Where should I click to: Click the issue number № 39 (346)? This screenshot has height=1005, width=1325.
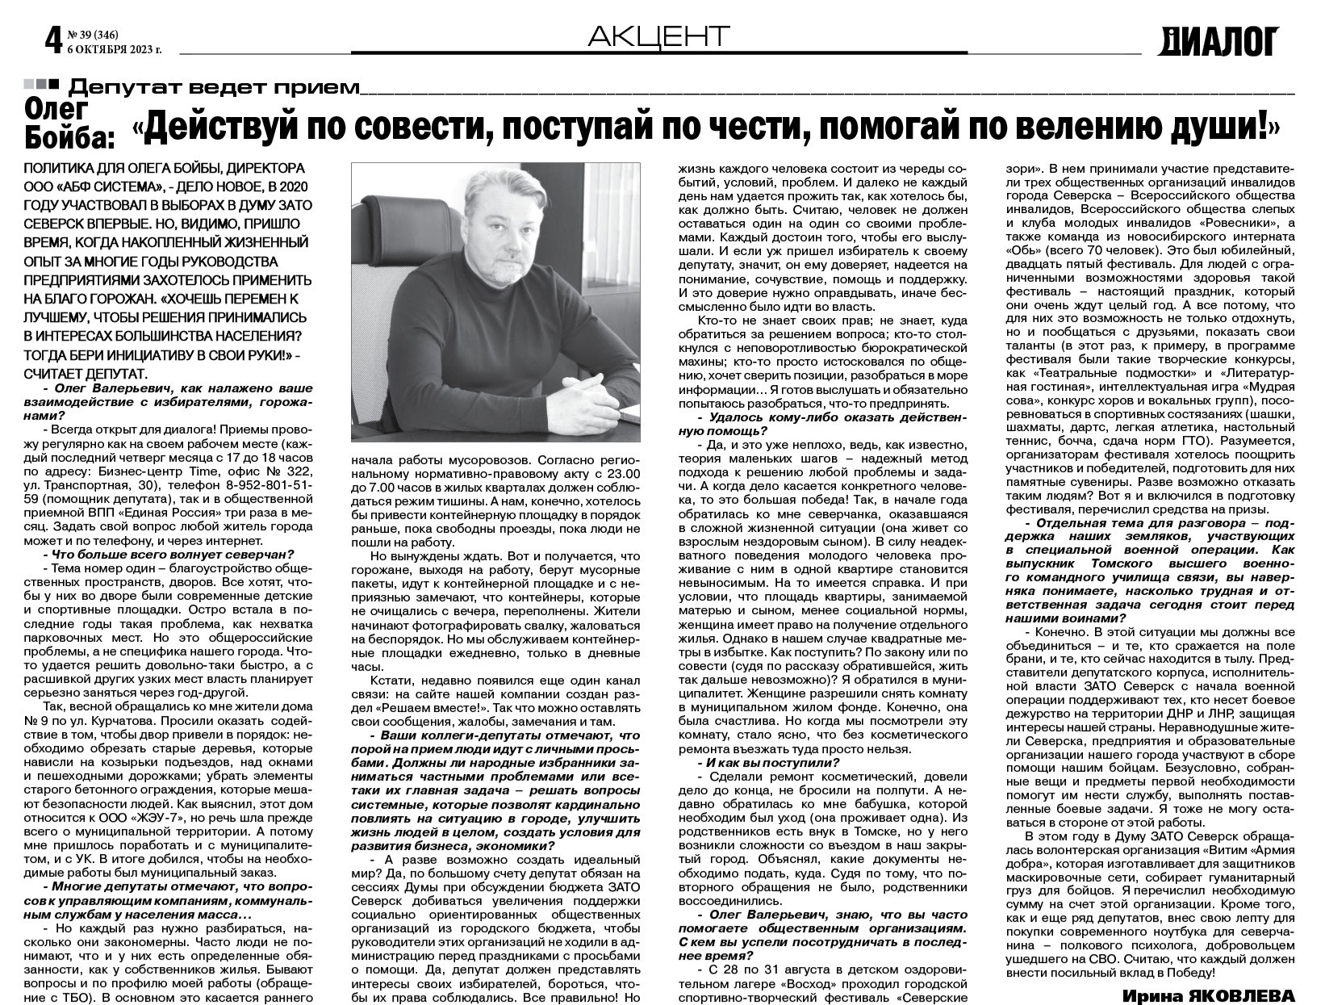pyautogui.click(x=95, y=34)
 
